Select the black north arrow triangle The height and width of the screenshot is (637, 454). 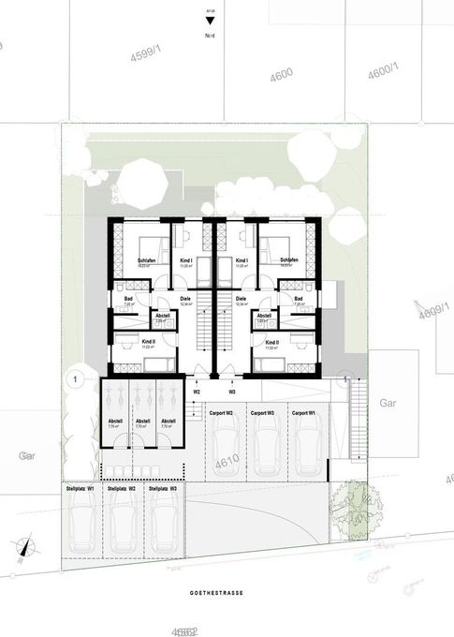(x=209, y=20)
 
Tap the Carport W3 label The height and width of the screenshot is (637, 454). (x=262, y=412)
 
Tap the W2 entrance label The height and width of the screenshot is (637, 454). (x=198, y=392)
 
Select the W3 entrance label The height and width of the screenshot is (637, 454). (x=232, y=392)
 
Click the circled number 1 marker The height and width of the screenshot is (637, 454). (x=71, y=379)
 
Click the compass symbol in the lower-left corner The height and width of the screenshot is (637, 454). (x=27, y=546)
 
